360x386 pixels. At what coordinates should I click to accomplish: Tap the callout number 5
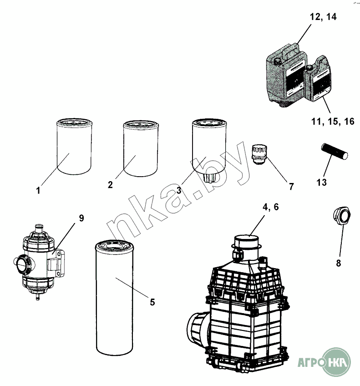tap(152, 301)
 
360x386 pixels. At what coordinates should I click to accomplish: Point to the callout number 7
tap(291, 186)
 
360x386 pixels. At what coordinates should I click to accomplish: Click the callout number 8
tap(338, 263)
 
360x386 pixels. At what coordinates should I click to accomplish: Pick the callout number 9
tap(81, 218)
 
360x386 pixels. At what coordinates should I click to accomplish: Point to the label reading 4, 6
tap(270, 207)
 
